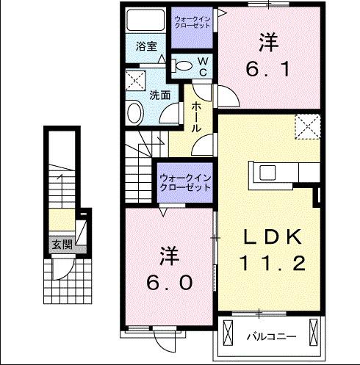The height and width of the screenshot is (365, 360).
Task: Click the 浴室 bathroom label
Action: click(x=146, y=46)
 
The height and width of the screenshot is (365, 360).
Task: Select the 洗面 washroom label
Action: click(x=160, y=95)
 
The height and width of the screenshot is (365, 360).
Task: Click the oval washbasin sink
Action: click(x=135, y=112)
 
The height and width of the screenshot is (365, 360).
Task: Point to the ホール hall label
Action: click(x=197, y=116)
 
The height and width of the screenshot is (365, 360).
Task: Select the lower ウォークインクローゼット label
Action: click(x=185, y=182)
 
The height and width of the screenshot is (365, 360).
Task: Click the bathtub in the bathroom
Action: click(x=145, y=20)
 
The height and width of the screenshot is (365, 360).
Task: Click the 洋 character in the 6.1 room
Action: click(x=267, y=43)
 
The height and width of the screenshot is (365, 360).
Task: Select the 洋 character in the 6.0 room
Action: click(x=168, y=256)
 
